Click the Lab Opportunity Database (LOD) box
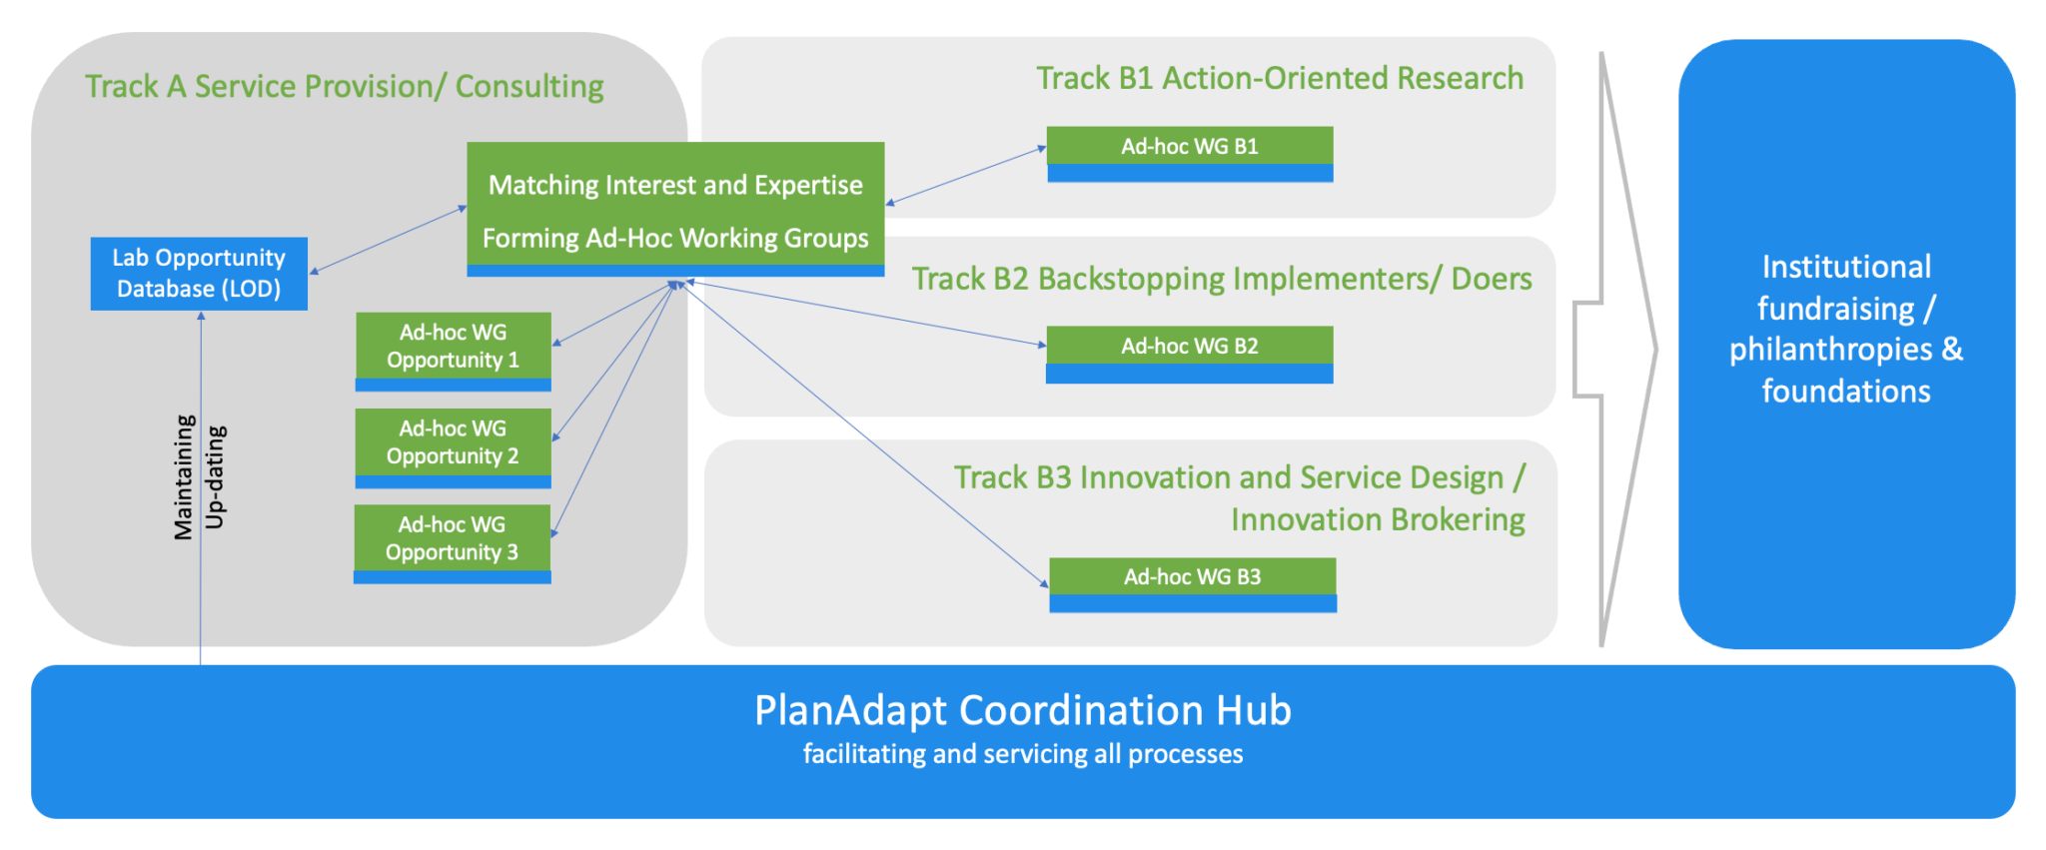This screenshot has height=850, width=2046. (199, 273)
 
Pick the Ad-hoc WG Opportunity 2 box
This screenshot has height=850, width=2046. (453, 445)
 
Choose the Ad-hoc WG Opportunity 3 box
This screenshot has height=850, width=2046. (452, 541)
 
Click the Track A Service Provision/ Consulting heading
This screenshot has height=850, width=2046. (344, 87)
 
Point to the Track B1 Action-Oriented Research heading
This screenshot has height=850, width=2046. (1279, 78)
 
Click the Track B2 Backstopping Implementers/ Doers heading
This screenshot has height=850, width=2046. (1221, 279)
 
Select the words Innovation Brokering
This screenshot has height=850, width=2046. (1377, 520)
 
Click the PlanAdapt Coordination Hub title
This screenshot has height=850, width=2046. (1022, 710)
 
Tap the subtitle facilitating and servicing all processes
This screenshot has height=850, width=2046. (1022, 754)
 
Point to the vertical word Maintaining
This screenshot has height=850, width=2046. (184, 477)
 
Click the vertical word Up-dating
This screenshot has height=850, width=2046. (215, 477)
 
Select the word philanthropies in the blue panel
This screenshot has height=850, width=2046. (1830, 350)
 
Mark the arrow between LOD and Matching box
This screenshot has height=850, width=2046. (389, 240)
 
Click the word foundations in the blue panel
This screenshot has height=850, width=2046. (1845, 392)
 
